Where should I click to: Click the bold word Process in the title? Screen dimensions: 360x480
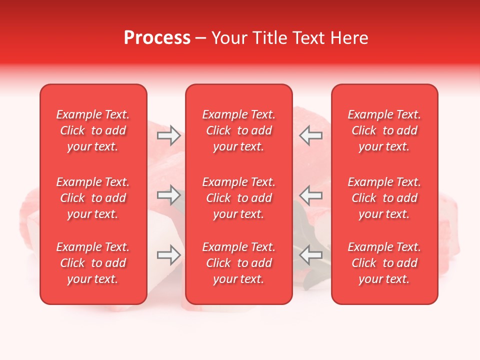157,38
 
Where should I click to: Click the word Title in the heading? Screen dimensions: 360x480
269,38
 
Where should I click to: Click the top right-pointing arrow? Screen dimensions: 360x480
169,135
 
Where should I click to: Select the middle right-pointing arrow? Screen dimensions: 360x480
169,194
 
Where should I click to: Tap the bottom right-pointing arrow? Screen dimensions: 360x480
169,255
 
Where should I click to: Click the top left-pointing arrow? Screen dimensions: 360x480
310,135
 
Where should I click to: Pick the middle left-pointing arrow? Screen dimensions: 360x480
310,194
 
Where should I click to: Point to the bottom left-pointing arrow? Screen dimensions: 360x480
310,255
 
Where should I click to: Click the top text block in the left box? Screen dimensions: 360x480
93,130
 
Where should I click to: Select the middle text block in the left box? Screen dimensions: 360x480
93,198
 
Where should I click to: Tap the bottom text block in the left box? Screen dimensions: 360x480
93,263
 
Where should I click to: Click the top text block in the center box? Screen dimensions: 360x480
238,130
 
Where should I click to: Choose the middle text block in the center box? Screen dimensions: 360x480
238,198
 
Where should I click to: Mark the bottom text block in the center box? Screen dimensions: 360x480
238,263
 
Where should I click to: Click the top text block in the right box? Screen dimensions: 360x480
384,130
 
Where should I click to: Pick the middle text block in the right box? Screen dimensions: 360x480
384,198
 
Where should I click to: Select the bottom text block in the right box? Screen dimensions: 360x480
384,263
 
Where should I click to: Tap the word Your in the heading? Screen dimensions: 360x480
229,38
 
